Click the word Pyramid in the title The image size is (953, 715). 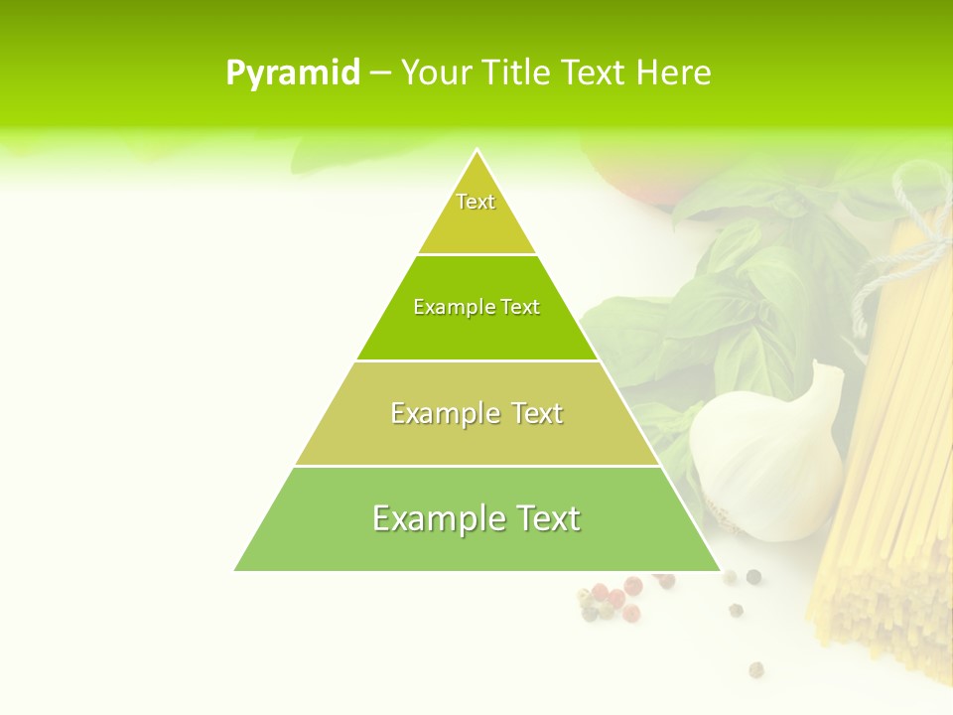[293, 73]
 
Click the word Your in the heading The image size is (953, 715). [437, 73]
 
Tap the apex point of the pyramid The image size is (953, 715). [476, 150]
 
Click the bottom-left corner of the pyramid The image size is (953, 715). [236, 570]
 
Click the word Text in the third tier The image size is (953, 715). [530, 413]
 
